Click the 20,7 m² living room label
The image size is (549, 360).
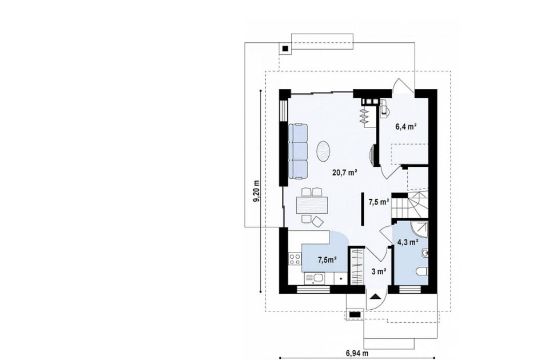pos(344,172)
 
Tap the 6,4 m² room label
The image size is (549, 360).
pos(406,127)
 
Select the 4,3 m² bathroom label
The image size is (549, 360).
pos(408,242)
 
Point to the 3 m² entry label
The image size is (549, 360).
pos(379,271)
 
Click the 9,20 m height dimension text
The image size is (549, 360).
pos(257,191)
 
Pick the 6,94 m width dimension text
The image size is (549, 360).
pos(355,353)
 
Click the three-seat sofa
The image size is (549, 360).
pos(298,151)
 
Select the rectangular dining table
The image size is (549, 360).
pos(312,205)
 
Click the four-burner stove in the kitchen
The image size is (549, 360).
pos(295,259)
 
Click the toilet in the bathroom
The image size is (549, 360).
pos(422,271)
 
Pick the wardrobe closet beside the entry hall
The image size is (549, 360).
pos(356,266)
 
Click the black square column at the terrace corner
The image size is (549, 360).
pos(286,49)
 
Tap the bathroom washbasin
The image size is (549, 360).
pos(425,252)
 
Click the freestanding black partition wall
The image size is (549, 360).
pos(363,209)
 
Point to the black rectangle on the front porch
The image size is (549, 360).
pos(355,315)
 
